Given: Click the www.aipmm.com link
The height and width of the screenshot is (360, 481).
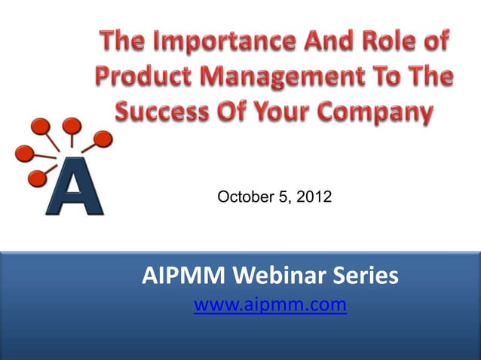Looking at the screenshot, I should coord(270,305).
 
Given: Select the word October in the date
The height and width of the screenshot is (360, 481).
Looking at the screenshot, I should coord(242,197).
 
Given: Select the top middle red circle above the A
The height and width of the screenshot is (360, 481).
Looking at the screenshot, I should coord(72,125).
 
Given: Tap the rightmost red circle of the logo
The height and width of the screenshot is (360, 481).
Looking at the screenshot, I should coord(103,139).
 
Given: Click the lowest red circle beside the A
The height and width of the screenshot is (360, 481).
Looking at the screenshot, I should coord(35,178).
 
